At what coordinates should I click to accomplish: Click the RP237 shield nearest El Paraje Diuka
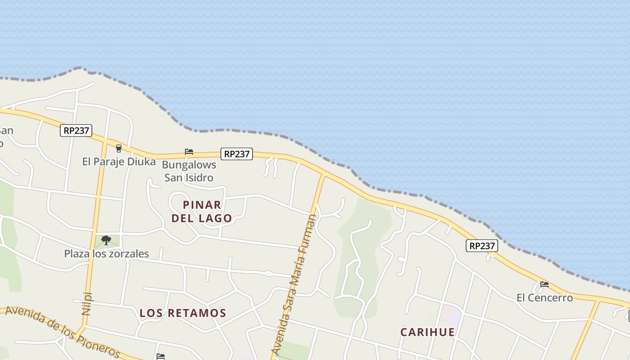(x=76, y=130)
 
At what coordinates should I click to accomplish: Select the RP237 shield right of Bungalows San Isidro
(x=237, y=154)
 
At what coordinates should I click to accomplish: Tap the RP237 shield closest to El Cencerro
(x=482, y=246)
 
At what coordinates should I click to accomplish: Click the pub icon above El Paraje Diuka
(x=119, y=148)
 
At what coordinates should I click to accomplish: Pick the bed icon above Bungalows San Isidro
(x=189, y=152)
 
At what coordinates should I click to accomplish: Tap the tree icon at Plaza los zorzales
(x=106, y=240)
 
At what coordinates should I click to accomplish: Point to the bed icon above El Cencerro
(x=544, y=284)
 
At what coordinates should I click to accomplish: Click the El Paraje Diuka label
(x=119, y=162)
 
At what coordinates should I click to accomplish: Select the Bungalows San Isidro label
(x=189, y=171)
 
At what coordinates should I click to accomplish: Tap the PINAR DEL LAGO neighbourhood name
(x=202, y=211)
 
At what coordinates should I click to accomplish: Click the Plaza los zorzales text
(x=106, y=254)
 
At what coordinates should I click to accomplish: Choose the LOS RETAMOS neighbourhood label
(x=183, y=313)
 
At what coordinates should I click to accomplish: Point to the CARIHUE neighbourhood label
(x=427, y=332)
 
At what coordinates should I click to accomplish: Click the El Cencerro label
(x=544, y=297)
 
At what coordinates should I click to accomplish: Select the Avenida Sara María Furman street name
(x=295, y=283)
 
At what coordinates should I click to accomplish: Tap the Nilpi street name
(x=87, y=303)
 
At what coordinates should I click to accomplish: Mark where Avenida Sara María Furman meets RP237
(x=323, y=175)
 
